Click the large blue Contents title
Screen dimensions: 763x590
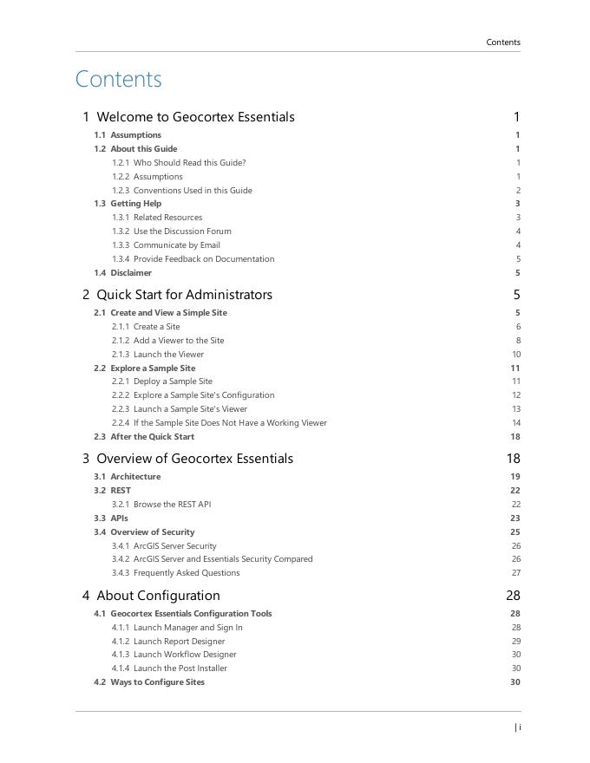coord(119,79)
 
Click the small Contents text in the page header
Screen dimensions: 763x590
coord(503,42)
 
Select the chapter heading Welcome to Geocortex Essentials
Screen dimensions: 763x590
coord(195,117)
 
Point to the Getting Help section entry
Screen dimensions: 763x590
coord(135,204)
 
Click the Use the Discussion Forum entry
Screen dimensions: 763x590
coord(182,232)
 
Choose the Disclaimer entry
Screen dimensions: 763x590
coord(130,272)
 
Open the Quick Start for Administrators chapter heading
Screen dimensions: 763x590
coord(184,295)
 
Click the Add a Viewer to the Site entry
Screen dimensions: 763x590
coord(179,341)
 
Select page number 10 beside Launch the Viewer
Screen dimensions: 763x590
coord(516,355)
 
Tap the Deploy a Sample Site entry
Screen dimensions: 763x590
coord(173,381)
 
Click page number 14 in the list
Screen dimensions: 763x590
coord(516,423)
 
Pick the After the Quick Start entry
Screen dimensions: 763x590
coord(152,437)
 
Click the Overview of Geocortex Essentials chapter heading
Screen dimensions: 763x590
coord(194,459)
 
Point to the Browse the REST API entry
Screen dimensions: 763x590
coord(172,505)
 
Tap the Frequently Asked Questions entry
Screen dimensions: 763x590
coord(187,573)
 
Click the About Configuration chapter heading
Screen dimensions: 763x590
coord(158,596)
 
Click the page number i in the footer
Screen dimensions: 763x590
coord(519,727)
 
